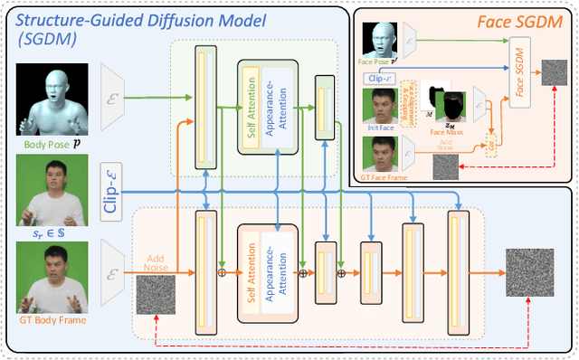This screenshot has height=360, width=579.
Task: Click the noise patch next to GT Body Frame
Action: coord(156,292)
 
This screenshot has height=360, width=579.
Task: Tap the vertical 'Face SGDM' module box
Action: coord(519,72)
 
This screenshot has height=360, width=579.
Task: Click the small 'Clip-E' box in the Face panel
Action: coord(380,78)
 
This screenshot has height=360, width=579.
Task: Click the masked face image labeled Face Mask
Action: coord(450,103)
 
